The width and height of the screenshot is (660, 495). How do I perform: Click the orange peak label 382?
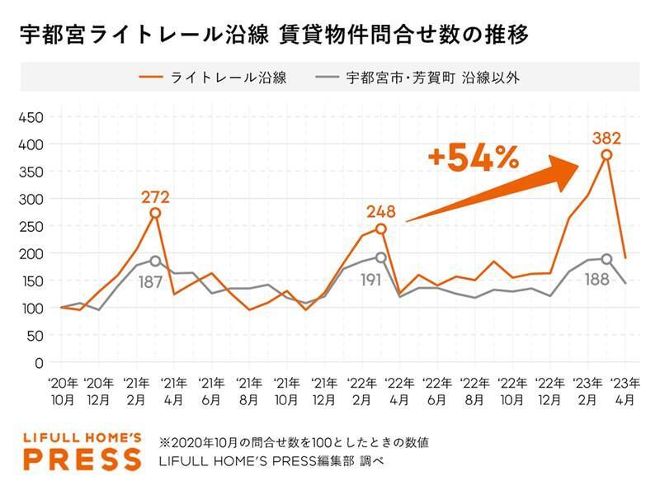pos(606,137)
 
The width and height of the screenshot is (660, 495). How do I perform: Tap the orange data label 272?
pos(155,196)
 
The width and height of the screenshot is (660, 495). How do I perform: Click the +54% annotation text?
pos(474,158)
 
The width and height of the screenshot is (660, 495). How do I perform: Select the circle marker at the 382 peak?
pos(606,154)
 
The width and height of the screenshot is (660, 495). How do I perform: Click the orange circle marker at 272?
pos(155,213)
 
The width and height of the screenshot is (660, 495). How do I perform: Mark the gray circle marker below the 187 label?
pos(155,261)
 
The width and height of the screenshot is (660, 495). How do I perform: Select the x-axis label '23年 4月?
pos(624,389)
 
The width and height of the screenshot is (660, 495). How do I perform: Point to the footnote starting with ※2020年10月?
pos(294,442)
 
